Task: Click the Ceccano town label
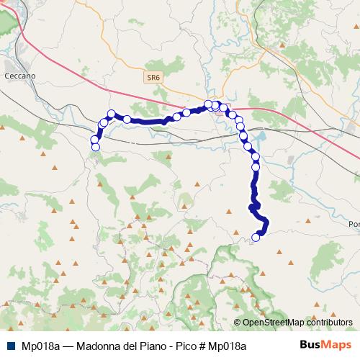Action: tap(19, 75)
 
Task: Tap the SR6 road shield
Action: tap(152, 76)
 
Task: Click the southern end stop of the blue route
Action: tap(256, 237)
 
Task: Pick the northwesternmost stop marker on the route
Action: tap(112, 113)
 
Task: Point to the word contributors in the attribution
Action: tap(329, 323)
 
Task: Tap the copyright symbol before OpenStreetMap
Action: tap(237, 323)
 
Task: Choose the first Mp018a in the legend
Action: tap(40, 346)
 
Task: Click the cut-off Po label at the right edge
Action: tap(354, 224)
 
